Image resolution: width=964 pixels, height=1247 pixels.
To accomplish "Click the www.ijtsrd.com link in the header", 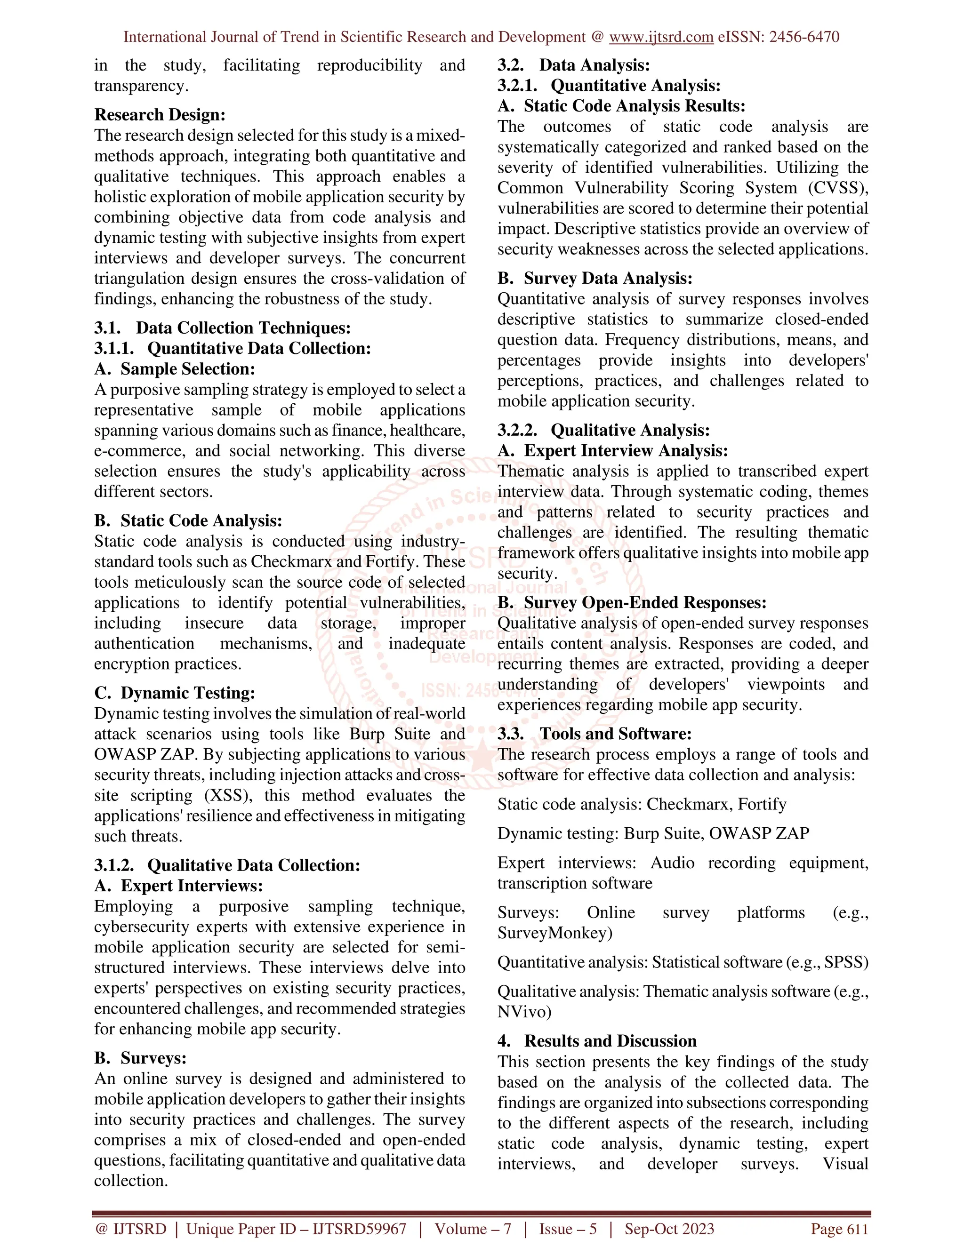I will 661,37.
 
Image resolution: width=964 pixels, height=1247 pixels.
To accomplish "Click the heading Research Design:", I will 160,115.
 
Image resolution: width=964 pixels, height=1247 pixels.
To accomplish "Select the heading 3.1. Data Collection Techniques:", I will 222,328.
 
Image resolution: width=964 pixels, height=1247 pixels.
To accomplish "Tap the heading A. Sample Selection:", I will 174,369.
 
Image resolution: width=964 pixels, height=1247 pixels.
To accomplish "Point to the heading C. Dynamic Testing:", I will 174,693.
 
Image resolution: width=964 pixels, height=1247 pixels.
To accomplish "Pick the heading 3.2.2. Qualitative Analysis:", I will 603,431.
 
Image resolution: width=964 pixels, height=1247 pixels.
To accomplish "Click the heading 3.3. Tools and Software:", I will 594,734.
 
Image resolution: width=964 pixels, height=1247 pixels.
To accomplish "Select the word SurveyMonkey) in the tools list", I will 554,933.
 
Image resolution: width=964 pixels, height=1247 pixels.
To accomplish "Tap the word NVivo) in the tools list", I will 524,1012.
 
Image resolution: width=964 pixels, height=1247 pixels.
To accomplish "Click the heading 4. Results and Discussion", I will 597,1041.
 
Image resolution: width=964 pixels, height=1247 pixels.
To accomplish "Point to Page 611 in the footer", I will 839,1229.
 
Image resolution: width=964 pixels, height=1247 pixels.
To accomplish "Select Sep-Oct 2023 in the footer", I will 669,1229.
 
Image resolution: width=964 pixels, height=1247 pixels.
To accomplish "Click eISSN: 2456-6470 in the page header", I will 779,37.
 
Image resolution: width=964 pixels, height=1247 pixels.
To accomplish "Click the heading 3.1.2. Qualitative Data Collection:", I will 227,865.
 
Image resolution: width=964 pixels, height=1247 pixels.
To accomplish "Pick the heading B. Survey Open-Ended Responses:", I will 632,603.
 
